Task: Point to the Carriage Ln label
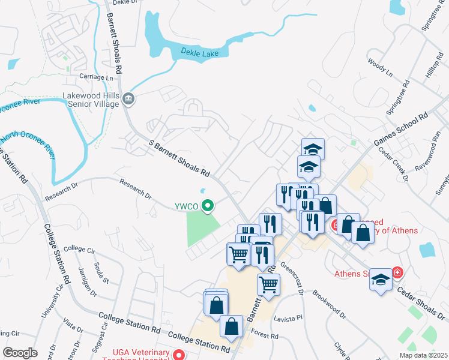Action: pyautogui.click(x=96, y=77)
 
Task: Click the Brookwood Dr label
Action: pyautogui.click(x=329, y=305)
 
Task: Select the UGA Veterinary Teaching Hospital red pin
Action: pyautogui.click(x=178, y=355)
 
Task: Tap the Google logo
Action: pyautogui.click(x=20, y=352)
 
